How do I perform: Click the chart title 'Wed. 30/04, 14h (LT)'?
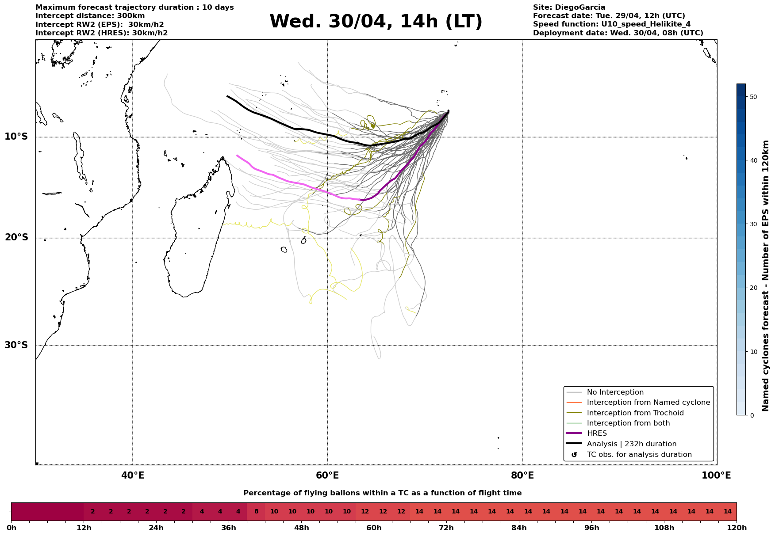pyautogui.click(x=376, y=22)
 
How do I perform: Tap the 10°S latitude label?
pyautogui.click(x=16, y=137)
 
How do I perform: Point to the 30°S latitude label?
pyautogui.click(x=16, y=345)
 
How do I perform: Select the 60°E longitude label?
pyautogui.click(x=327, y=475)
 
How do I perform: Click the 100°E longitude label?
pyautogui.click(x=716, y=475)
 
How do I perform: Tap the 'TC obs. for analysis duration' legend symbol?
pyautogui.click(x=574, y=455)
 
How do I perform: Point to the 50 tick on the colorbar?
pyautogui.click(x=753, y=97)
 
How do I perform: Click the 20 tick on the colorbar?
pyautogui.click(x=753, y=288)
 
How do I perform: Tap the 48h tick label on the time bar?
pyautogui.click(x=301, y=528)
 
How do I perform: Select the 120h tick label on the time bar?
pyautogui.click(x=737, y=528)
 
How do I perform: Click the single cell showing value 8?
pyautogui.click(x=256, y=512)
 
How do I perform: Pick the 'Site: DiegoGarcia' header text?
pyautogui.click(x=569, y=8)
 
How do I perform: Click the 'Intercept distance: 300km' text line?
pyautogui.click(x=90, y=16)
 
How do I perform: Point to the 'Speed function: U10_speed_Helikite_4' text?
pyautogui.click(x=612, y=25)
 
